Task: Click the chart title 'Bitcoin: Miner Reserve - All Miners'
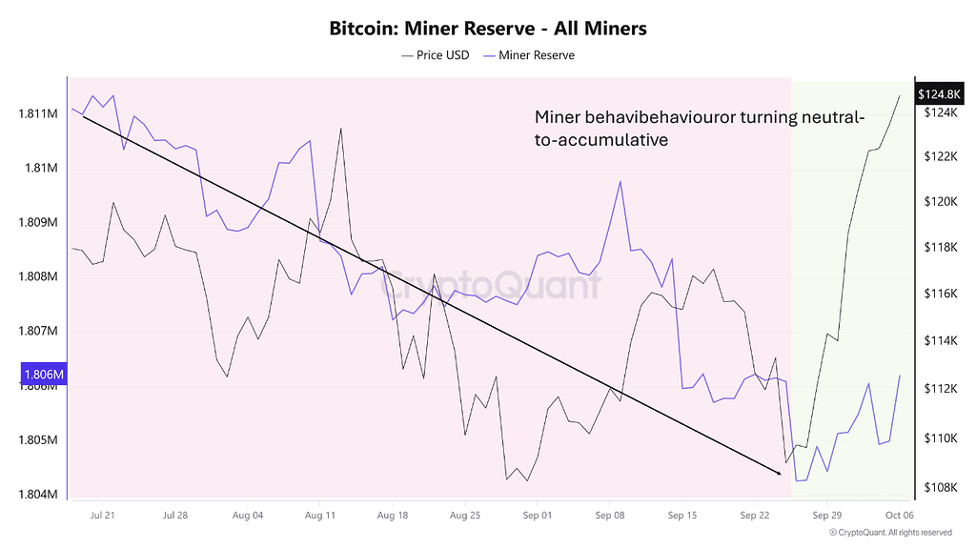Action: point(487,29)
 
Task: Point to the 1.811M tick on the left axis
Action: point(38,114)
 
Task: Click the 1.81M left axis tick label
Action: point(41,169)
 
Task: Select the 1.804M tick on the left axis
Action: point(38,495)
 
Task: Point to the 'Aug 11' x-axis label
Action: point(320,516)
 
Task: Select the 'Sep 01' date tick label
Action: point(538,516)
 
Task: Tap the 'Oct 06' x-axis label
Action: point(900,516)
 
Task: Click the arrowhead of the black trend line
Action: point(778,472)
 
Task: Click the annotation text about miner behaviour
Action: point(700,129)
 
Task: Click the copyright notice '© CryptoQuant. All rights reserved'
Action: point(890,533)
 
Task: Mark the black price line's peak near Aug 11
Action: point(340,129)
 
